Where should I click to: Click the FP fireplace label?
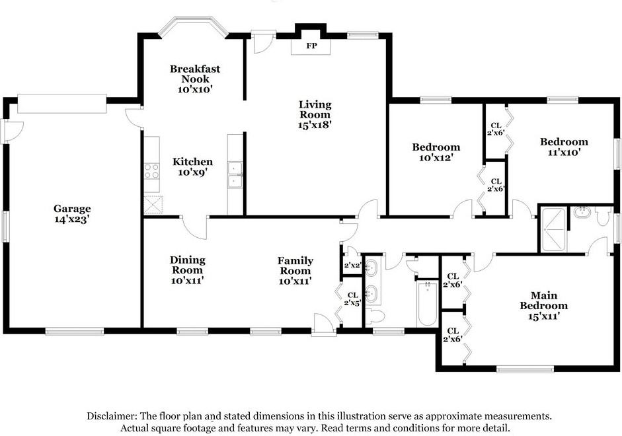312,46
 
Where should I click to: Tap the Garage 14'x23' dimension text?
72,219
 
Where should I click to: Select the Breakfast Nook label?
195,74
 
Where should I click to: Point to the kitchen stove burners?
151,171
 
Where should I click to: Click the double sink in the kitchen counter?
235,174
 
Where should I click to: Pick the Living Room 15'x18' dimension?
315,125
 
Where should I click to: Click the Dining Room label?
188,265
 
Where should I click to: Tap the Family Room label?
295,266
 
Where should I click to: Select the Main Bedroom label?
544,301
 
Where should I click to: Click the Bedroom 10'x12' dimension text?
436,157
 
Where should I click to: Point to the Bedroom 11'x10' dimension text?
564,152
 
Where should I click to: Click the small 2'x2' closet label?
352,265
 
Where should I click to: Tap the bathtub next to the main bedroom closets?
427,303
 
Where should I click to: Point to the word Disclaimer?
112,416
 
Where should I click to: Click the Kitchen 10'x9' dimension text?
193,172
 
